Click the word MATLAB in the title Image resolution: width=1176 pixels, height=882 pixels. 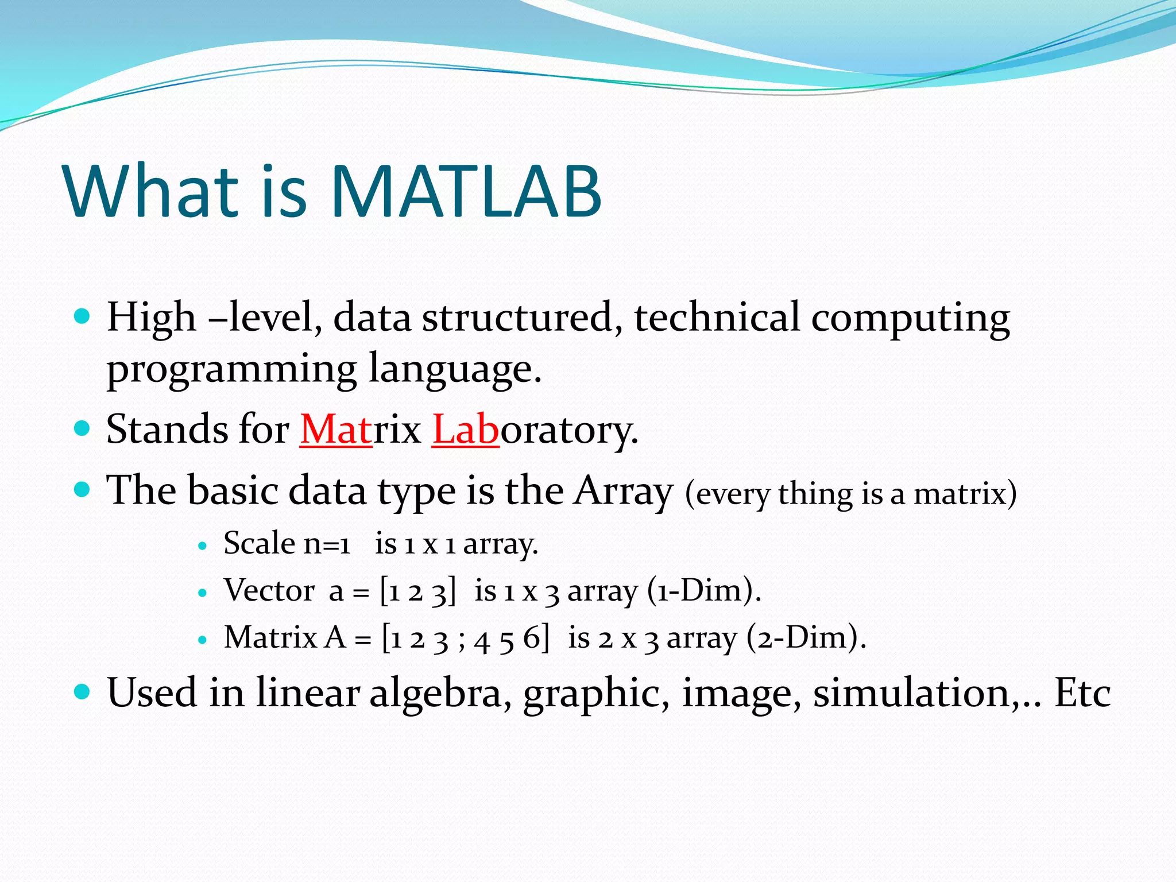466,191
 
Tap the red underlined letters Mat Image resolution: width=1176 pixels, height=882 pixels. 336,430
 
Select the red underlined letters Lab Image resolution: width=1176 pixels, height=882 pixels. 465,430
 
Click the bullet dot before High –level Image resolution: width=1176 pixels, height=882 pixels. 83,316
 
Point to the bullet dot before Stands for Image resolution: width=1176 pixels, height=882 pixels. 83,428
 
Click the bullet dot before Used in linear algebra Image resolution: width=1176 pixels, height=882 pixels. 83,691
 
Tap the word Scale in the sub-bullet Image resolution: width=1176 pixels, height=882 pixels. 259,543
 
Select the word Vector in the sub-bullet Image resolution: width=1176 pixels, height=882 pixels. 269,590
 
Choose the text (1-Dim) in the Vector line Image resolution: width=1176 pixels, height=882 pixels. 703,591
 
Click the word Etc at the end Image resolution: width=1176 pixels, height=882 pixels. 1082,693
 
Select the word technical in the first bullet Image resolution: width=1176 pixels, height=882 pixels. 716,318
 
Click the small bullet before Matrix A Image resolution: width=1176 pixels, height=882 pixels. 202,640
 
